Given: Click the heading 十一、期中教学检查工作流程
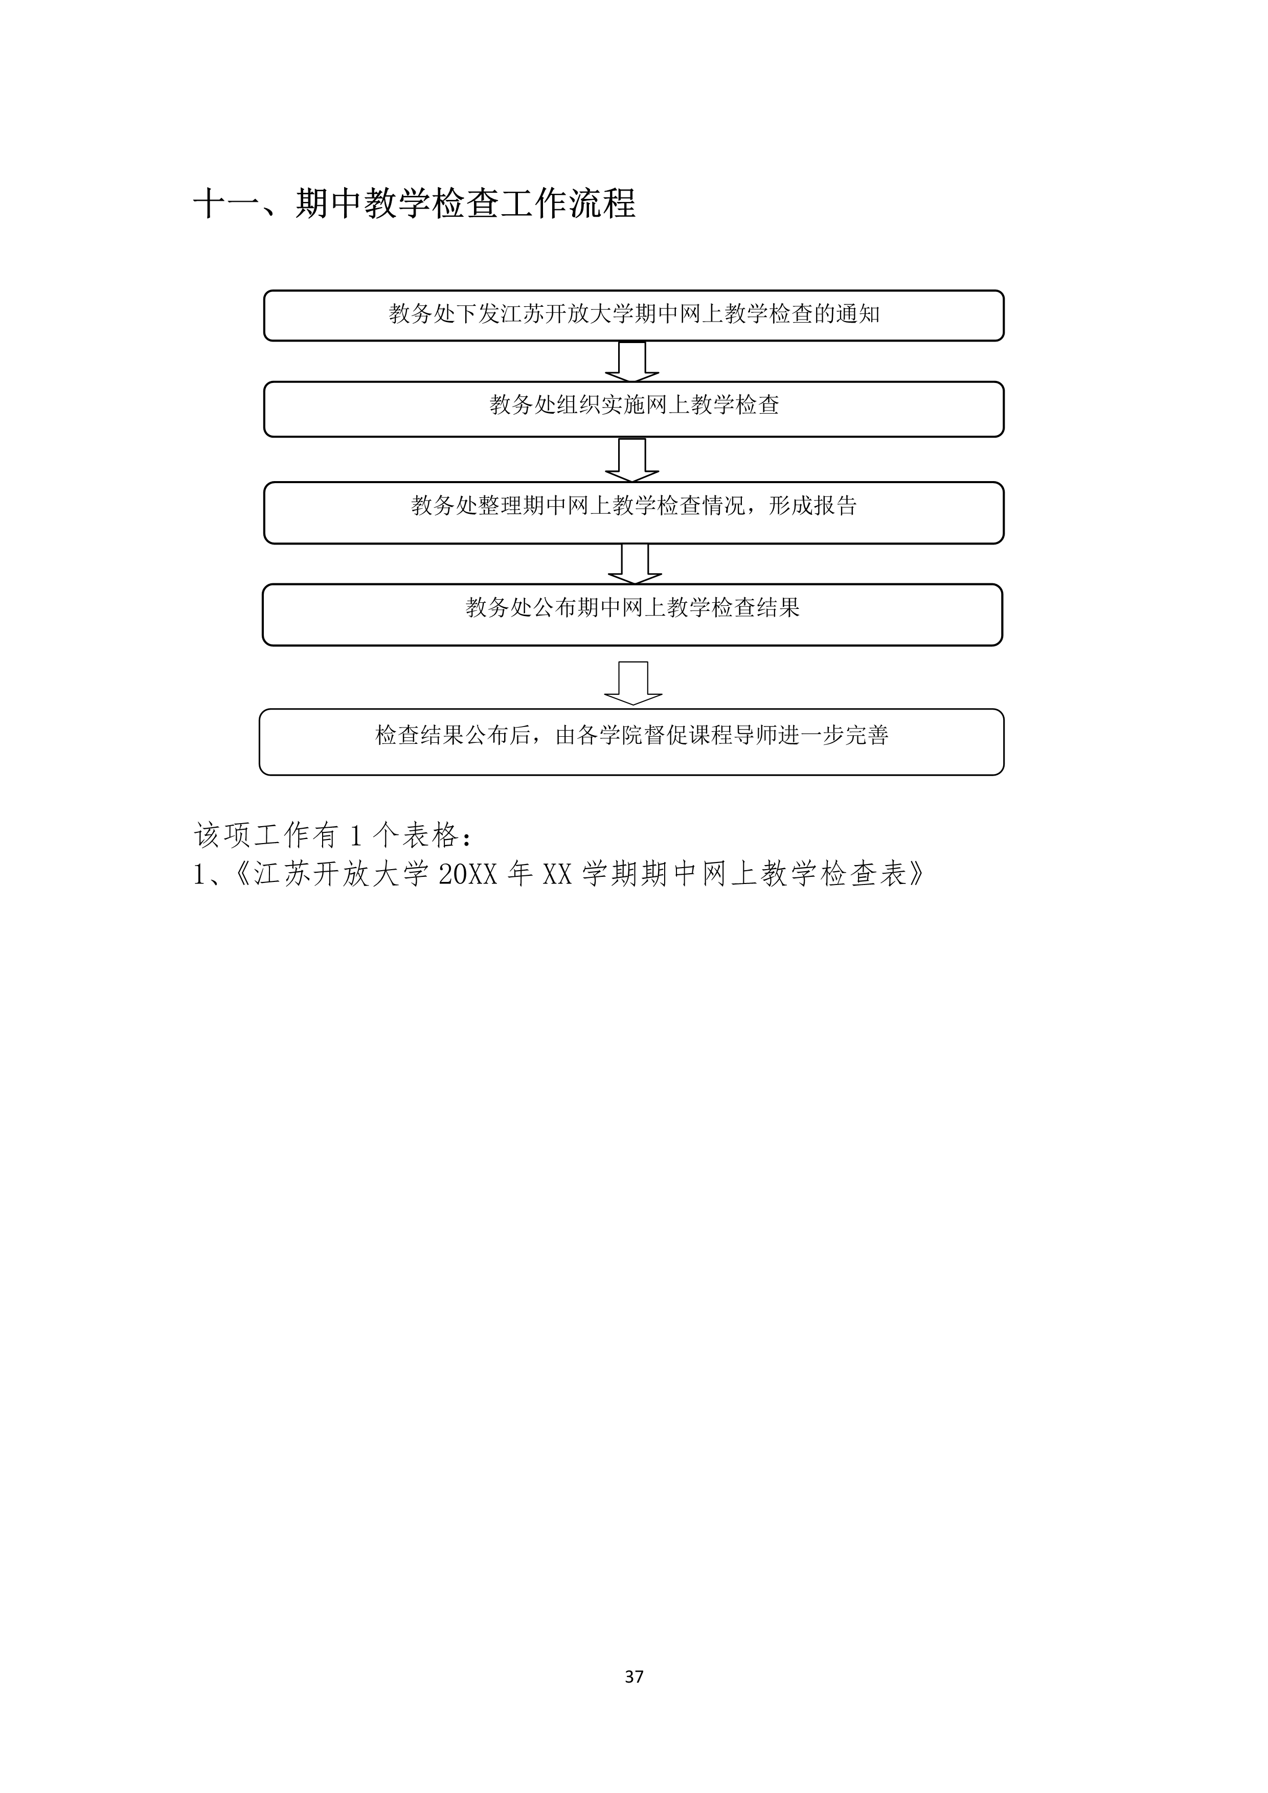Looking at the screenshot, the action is [415, 204].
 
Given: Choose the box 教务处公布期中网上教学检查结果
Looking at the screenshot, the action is [632, 615].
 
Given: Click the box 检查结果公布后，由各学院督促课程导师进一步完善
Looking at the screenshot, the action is [631, 742].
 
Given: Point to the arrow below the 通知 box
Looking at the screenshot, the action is [632, 361].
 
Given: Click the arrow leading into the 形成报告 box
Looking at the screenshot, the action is [632, 460].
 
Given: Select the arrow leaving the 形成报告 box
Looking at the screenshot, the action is [635, 564].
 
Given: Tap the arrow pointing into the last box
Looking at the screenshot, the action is [633, 684].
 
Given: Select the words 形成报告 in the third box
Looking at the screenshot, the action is [813, 506].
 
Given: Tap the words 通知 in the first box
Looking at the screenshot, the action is [858, 314].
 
